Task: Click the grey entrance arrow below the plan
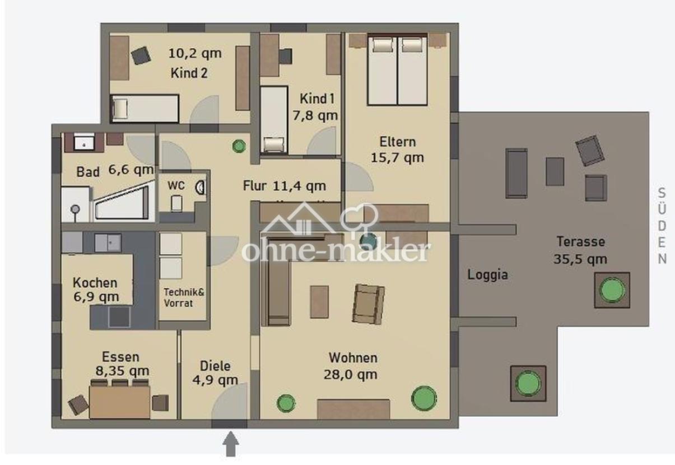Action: (x=231, y=444)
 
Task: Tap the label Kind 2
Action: (x=189, y=73)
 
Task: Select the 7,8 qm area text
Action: (x=315, y=115)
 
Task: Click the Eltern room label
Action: (x=398, y=142)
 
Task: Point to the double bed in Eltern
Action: (x=398, y=69)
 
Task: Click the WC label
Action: (x=176, y=185)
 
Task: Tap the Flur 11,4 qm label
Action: (x=285, y=185)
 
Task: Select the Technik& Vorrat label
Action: (x=184, y=297)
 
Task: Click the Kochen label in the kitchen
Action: (x=95, y=283)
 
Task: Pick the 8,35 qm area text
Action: (x=122, y=371)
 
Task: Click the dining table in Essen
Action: (x=120, y=402)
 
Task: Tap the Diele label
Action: (x=215, y=366)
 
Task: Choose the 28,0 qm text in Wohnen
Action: (x=351, y=375)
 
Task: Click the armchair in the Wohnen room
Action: (x=368, y=304)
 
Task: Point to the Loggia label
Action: (x=487, y=275)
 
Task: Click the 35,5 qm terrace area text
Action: (x=580, y=259)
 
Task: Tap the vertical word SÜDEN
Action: (x=662, y=226)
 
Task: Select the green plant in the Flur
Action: (x=239, y=146)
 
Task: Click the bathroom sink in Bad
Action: (x=84, y=143)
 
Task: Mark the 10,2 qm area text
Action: (x=195, y=53)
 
